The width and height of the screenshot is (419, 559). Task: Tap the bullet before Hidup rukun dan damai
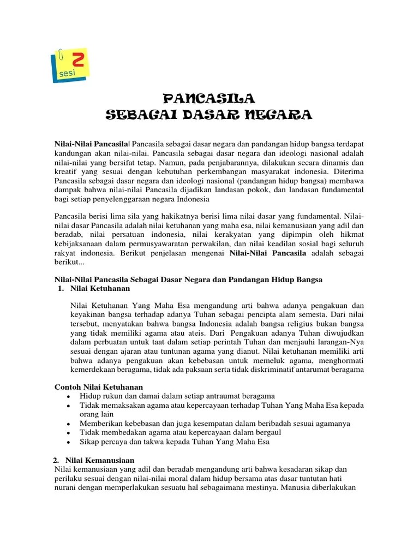67,396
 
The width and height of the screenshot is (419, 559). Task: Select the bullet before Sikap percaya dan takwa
67,443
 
